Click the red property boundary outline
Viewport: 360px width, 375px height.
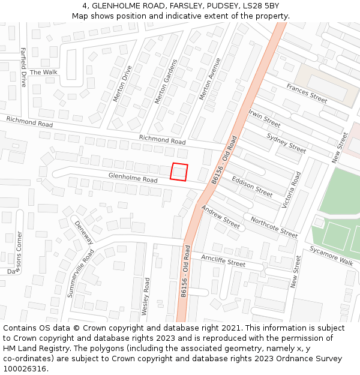click(x=180, y=172)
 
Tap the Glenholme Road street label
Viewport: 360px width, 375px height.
click(x=133, y=178)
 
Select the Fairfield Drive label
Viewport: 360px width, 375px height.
click(x=23, y=67)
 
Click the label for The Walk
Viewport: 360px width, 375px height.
click(x=44, y=73)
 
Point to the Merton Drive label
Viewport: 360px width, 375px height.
click(x=122, y=83)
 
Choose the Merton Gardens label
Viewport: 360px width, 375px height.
click(x=166, y=81)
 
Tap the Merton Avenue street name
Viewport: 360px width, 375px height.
click(x=210, y=79)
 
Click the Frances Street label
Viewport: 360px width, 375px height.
click(x=307, y=94)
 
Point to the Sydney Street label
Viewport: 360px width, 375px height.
click(x=286, y=143)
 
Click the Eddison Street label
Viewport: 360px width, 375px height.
click(x=252, y=187)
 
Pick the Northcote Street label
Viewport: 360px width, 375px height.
click(x=274, y=227)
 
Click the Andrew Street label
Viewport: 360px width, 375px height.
click(x=220, y=217)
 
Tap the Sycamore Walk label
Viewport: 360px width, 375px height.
click(x=332, y=255)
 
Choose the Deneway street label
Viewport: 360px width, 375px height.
click(x=84, y=232)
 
